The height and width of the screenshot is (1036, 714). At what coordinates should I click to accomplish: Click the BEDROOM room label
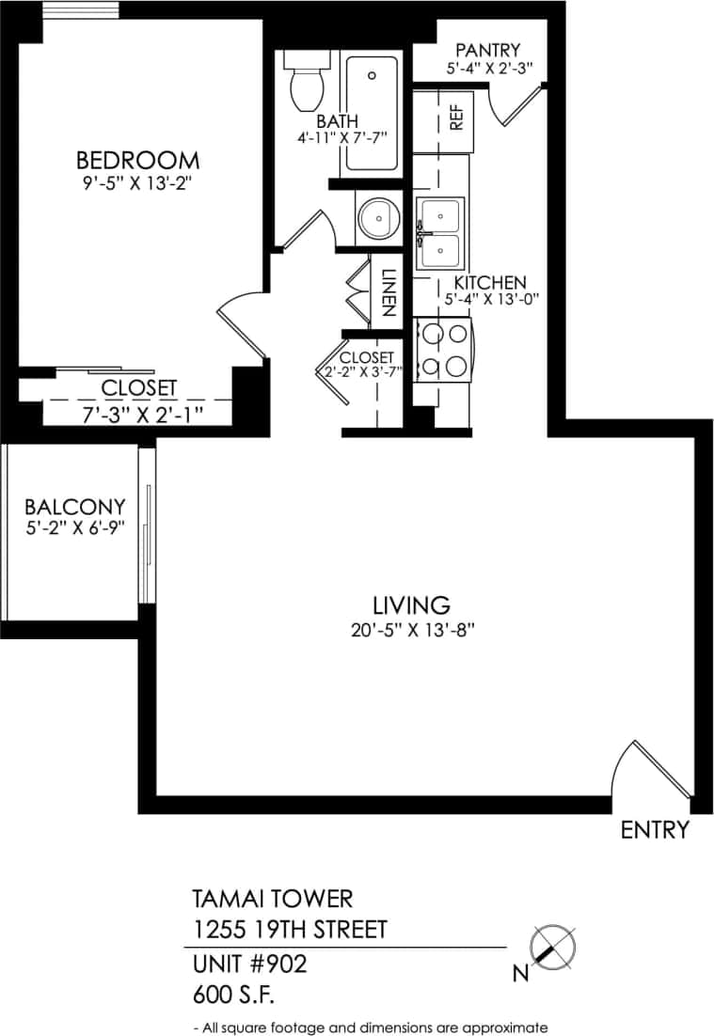(137, 159)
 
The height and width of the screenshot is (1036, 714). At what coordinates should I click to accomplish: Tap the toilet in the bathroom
(306, 82)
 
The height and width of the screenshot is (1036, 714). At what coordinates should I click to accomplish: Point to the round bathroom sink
(376, 218)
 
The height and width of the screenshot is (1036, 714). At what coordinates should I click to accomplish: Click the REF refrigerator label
(457, 117)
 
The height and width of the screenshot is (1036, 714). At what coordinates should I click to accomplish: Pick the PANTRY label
(487, 50)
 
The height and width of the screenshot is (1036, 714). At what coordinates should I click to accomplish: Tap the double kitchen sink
(439, 233)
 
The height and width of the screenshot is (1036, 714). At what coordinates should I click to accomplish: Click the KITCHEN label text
(489, 282)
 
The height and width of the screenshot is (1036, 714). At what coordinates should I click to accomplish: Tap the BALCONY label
(74, 507)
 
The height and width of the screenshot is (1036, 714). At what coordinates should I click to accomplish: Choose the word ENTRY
(655, 830)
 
